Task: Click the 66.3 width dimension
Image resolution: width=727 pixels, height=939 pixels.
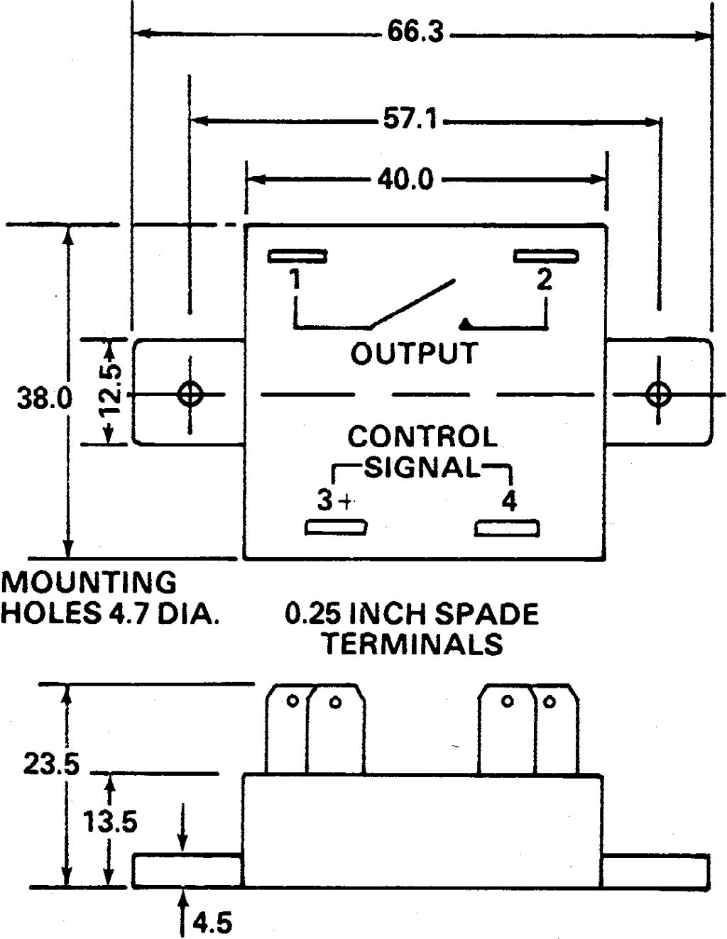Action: coord(415,32)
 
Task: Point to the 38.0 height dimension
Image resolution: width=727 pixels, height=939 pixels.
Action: coord(45,397)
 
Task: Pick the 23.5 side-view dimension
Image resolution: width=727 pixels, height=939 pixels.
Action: coord(51,764)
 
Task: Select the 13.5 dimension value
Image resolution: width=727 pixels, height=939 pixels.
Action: coord(110,821)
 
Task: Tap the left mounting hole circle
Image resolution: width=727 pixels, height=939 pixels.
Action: coord(190,394)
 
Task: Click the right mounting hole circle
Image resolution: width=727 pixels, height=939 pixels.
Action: coord(658,394)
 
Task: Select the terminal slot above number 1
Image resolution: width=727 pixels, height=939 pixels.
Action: coord(297,256)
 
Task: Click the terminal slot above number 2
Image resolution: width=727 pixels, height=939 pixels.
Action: coord(546,256)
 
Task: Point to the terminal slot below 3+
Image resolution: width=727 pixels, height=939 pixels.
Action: coord(336,527)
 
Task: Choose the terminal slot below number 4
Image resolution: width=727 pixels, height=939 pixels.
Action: coord(507,528)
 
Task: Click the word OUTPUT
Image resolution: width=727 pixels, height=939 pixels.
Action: coord(414,353)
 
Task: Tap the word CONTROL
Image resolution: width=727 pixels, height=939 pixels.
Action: coord(422,436)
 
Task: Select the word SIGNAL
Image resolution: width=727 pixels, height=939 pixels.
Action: coord(422,467)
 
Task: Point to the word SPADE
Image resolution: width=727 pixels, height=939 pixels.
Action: coord(486,614)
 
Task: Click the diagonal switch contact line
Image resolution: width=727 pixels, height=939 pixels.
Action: coord(412,303)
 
